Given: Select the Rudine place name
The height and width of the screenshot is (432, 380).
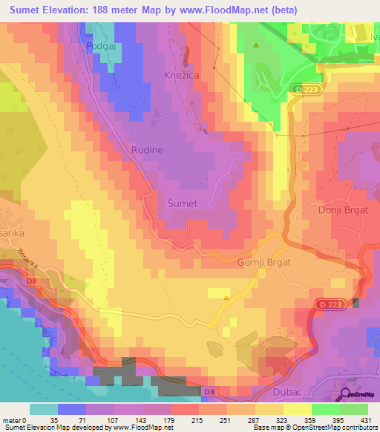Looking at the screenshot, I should (x=147, y=150).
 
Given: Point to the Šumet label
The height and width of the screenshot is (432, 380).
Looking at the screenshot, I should (x=181, y=203).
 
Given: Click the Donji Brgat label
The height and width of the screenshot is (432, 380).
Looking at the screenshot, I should (x=342, y=210).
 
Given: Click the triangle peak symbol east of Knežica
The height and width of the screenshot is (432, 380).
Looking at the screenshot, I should (x=257, y=45).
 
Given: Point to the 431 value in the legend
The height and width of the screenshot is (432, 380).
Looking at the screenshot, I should (x=365, y=419).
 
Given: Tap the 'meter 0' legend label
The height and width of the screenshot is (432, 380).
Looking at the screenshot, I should (x=14, y=419).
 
